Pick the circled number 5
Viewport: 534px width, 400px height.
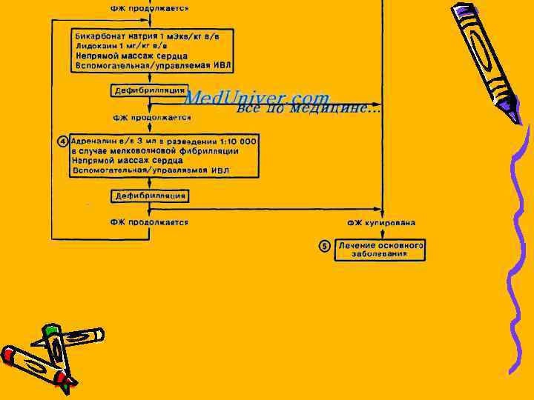coord(325,246)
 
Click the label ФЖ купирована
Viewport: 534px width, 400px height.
coord(381,223)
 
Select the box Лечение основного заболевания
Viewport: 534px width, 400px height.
coord(380,250)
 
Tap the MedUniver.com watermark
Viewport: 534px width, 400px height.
coord(256,97)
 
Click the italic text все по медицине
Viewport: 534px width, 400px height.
coord(308,109)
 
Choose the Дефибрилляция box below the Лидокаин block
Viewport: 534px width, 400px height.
coord(149,90)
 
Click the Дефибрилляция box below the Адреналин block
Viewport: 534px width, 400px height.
coord(150,196)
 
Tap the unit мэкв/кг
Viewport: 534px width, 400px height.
coord(183,36)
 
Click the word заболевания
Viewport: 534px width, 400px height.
coord(380,254)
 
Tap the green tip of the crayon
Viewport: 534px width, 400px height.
coord(50,330)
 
